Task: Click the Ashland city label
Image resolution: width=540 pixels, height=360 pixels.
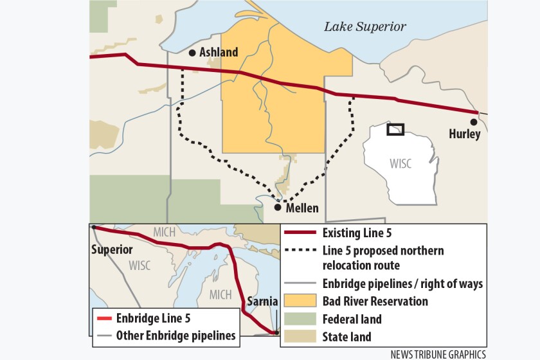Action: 219,53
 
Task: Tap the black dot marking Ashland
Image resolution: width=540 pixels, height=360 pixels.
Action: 192,53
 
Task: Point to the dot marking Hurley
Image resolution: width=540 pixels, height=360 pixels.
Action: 474,122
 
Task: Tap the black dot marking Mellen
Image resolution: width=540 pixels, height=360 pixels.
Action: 278,207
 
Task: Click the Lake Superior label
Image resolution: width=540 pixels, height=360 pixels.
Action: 364,26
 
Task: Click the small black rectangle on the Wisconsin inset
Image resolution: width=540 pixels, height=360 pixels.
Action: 395,129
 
